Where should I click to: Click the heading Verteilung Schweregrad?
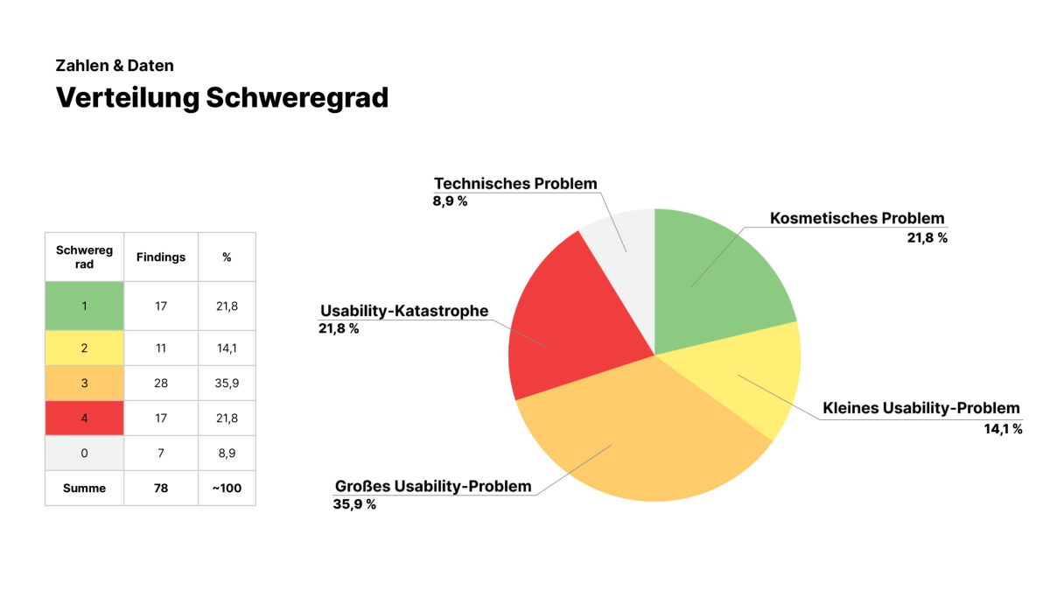coord(222,98)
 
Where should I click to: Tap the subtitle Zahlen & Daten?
coord(115,66)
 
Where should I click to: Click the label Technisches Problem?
coord(515,183)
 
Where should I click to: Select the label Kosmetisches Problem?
coord(857,218)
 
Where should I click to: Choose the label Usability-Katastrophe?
coord(404,311)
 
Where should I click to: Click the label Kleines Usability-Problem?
coord(921,408)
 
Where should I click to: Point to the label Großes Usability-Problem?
coord(433,487)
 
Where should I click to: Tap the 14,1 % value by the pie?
coord(1003,429)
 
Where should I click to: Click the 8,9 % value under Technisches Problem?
coord(450,201)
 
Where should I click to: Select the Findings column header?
coord(161,257)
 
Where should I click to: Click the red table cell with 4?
coord(84,418)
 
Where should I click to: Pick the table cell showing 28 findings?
coord(161,383)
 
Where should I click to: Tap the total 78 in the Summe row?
coord(161,489)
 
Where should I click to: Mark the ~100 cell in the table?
coord(227,489)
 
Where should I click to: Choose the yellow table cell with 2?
coord(84,348)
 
